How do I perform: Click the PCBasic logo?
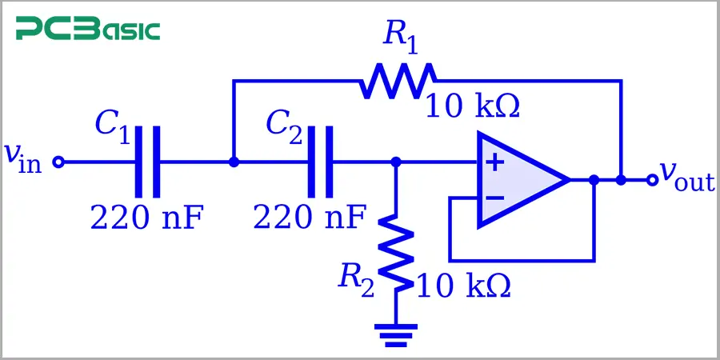click(88, 30)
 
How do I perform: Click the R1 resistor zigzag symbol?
click(398, 80)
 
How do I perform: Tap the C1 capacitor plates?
click(148, 162)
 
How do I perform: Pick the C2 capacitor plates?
click(319, 162)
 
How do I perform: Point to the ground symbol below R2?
click(396, 334)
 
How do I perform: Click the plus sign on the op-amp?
click(495, 163)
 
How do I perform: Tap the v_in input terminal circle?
click(58, 162)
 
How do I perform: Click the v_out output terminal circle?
click(652, 180)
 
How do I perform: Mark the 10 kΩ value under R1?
click(472, 106)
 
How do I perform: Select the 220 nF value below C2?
click(310, 216)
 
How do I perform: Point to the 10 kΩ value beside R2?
click(463, 286)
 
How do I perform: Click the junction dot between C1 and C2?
click(234, 162)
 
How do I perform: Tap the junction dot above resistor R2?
click(396, 162)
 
